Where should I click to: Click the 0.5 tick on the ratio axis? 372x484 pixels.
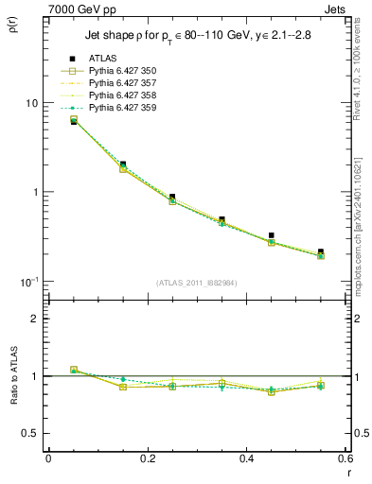point(30,433)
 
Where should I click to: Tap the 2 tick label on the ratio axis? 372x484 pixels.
point(35,319)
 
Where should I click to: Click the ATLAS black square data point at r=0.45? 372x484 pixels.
point(272,235)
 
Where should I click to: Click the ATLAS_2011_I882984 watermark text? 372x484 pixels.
point(197,283)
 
